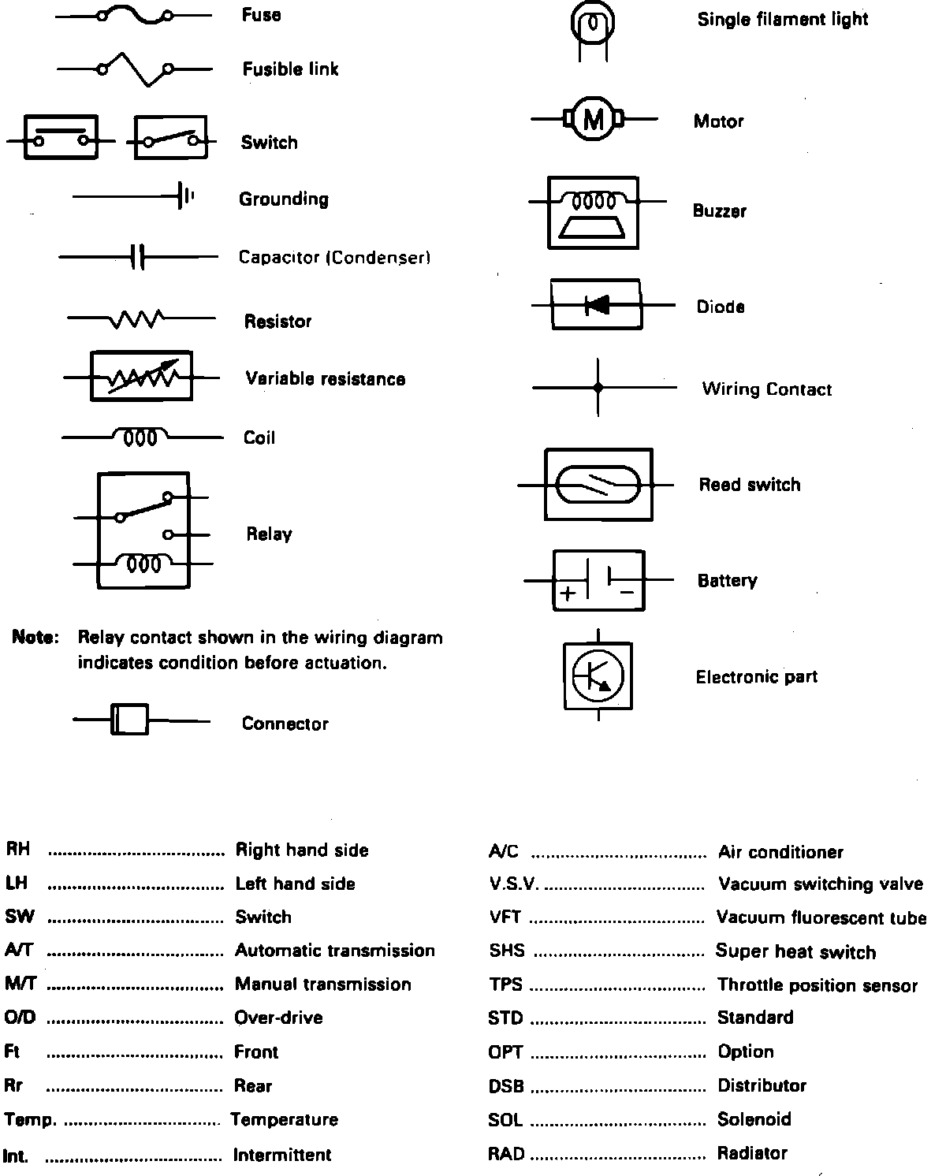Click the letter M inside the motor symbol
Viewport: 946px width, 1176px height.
click(593, 120)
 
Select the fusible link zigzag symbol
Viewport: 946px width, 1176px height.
click(134, 69)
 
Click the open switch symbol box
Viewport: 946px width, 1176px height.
click(170, 138)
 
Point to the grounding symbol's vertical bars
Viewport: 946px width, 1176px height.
click(185, 196)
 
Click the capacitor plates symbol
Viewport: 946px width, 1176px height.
click(137, 256)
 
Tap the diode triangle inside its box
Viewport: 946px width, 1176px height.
click(597, 304)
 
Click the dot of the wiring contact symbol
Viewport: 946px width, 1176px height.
click(598, 388)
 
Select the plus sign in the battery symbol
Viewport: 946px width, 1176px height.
click(568, 593)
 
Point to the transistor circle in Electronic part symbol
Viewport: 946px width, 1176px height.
click(598, 675)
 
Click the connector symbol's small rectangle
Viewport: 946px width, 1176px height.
click(128, 720)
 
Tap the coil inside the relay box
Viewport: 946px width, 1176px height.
click(143, 563)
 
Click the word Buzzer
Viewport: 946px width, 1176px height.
click(719, 210)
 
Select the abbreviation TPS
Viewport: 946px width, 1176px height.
click(505, 985)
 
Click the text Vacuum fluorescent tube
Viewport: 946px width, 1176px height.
click(821, 917)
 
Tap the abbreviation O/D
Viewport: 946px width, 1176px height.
click(20, 1018)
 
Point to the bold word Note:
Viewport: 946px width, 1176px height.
click(35, 638)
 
